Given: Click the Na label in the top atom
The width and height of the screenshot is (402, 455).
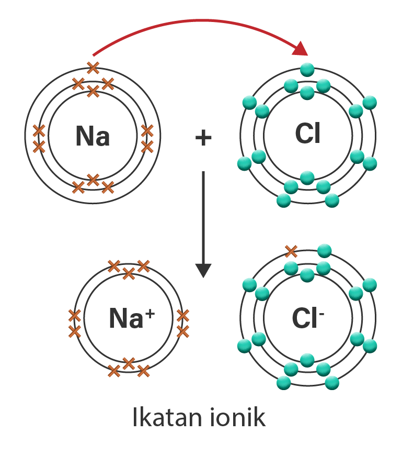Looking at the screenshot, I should [x=93, y=136].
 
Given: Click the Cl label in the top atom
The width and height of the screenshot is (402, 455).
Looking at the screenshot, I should [x=307, y=135].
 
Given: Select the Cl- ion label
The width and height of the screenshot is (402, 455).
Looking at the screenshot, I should [x=305, y=317].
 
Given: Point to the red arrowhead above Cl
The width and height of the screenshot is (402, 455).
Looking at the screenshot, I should [x=301, y=50].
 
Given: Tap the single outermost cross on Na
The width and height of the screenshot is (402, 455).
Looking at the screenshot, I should [x=93, y=67].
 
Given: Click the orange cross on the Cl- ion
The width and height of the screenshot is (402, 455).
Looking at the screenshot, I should [x=291, y=251].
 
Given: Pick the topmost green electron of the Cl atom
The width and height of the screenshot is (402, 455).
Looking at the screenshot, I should [x=307, y=69].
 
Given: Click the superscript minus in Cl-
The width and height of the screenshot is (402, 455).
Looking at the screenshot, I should [x=320, y=312].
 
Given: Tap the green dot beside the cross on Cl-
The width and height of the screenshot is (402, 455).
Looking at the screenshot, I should [x=324, y=250].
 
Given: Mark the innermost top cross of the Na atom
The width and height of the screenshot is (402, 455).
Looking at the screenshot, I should [x=93, y=92].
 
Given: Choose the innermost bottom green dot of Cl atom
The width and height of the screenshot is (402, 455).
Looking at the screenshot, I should [x=307, y=178].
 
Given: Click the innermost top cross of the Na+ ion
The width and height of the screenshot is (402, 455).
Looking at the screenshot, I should [x=129, y=272].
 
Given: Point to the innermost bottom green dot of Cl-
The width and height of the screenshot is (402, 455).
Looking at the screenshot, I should [x=307, y=360].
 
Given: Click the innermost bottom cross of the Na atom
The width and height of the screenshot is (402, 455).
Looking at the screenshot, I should [x=93, y=180].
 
